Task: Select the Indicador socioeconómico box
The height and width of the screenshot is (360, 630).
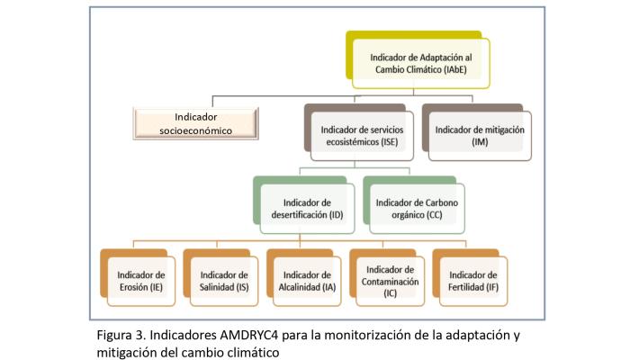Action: [x=195, y=124]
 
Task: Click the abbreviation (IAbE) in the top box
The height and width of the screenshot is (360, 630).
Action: [x=455, y=69]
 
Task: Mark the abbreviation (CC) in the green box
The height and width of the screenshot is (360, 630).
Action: [x=435, y=214]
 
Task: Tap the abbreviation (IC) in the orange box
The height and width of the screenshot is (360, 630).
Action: [x=390, y=293]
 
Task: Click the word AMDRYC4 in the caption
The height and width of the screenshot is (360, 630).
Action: [x=248, y=335]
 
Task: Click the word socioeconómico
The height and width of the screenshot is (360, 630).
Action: [x=195, y=131]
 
